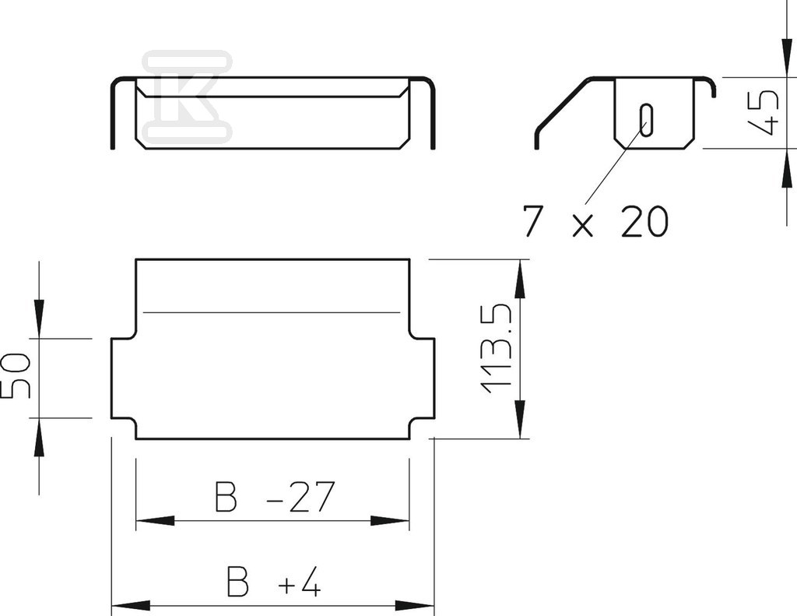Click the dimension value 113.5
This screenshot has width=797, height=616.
pos(496,348)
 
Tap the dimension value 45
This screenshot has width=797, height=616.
pos(764,112)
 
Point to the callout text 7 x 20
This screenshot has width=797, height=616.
pos(595,221)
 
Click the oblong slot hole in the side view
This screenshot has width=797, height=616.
pos(646,120)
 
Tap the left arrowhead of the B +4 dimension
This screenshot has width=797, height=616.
pos(131,606)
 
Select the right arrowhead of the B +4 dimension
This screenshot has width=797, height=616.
pos(415,606)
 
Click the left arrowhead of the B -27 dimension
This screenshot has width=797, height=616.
pos(156,521)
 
